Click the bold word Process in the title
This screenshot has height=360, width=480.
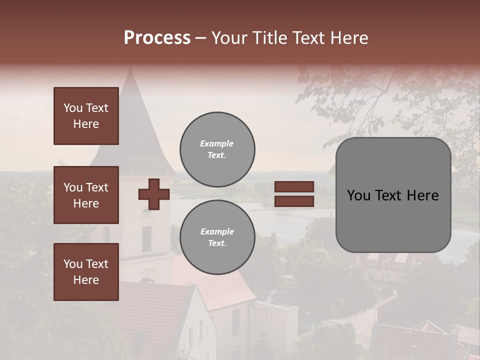[157, 38]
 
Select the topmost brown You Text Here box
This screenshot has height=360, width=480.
[86, 116]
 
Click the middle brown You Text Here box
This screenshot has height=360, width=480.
[86, 195]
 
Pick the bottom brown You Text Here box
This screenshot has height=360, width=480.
[86, 272]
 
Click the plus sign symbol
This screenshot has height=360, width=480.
[153, 194]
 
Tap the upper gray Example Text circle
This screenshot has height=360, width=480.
[217, 149]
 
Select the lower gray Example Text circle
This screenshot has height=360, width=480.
[217, 237]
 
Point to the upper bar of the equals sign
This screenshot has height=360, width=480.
[294, 187]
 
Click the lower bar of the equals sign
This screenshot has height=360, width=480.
[294, 201]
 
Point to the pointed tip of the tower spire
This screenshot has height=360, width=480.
[130, 67]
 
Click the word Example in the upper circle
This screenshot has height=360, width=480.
[217, 143]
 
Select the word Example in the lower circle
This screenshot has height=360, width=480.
[217, 231]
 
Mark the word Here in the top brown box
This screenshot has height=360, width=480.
[86, 124]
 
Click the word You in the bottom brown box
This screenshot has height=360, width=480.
[72, 264]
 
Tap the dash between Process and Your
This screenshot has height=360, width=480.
[201, 38]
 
